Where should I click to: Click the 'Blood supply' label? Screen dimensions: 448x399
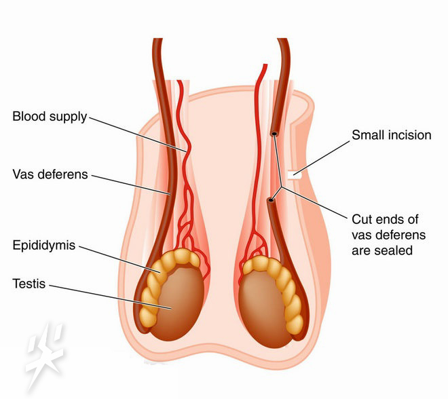click(50, 117)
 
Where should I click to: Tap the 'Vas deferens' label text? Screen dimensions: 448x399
click(50, 174)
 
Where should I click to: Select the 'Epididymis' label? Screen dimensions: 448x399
click(44, 246)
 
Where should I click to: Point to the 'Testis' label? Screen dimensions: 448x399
click(29, 284)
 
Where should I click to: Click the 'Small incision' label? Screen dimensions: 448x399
click(392, 135)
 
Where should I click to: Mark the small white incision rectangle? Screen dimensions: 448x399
click(295, 174)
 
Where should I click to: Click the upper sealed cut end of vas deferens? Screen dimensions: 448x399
click(274, 134)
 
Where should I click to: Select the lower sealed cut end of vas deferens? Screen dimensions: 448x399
click(271, 200)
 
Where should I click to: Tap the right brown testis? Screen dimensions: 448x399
click(262, 311)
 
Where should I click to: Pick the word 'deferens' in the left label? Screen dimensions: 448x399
click(62, 174)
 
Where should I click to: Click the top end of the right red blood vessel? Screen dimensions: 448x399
click(265, 65)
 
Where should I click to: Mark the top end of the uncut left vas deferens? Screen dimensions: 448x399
click(157, 39)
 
